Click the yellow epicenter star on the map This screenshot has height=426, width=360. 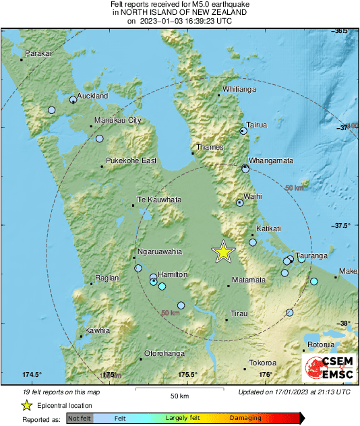[x=223, y=251]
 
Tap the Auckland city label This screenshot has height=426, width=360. [x=93, y=96]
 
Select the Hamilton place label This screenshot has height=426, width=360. [x=172, y=274]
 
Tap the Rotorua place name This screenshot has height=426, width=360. [x=320, y=345]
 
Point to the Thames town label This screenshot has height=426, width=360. [x=206, y=147]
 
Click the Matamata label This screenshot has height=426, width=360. [x=249, y=280]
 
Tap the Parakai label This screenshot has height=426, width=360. [x=38, y=54]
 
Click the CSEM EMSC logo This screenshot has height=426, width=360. [x=326, y=367]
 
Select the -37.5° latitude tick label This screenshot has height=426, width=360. [x=342, y=226]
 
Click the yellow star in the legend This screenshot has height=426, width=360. [x=27, y=405]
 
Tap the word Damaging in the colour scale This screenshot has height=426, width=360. [x=245, y=418]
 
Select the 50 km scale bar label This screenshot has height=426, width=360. [x=179, y=395]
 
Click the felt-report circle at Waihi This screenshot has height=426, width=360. [x=239, y=203]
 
